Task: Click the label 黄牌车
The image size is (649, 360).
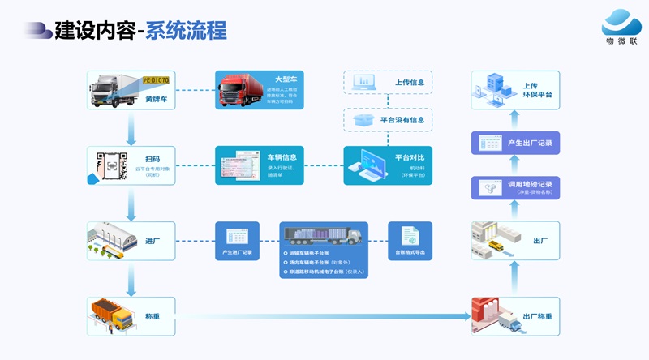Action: coord(157,99)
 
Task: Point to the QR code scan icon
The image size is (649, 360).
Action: coord(109,165)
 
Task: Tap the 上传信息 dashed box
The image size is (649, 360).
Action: coord(387,83)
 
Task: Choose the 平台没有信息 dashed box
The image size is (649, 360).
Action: coord(387,120)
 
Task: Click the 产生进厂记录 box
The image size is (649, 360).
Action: coord(237,241)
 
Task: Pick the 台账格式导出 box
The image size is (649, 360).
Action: coord(410,241)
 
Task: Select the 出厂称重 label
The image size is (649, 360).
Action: coord(537,316)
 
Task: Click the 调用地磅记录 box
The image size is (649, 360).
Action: coord(515,187)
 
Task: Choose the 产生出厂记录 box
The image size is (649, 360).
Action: coord(515,143)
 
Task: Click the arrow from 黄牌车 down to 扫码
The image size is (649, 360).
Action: coord(130,129)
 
